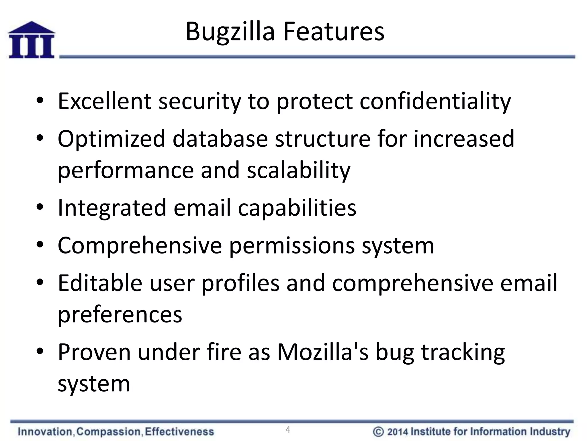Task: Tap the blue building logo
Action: [x=32, y=40]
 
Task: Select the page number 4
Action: [x=288, y=430]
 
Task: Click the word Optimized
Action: [x=111, y=139]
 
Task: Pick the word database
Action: [x=220, y=139]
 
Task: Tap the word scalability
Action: [x=298, y=170]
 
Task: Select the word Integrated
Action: [x=112, y=208]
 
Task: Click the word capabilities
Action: [x=297, y=208]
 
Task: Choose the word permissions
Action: [x=292, y=246]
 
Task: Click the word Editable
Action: [x=100, y=283]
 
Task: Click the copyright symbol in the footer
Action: [x=378, y=432]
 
